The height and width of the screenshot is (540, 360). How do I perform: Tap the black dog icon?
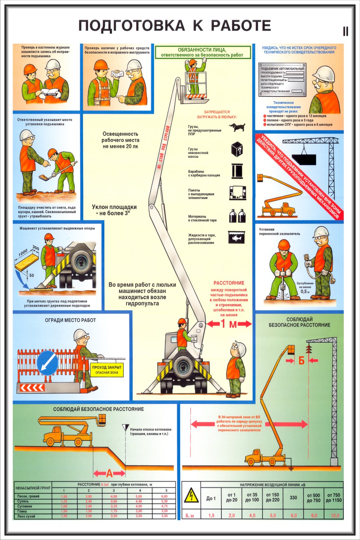[237, 127]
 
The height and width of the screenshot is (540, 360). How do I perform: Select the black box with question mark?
[237, 149]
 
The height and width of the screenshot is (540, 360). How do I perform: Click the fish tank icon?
[237, 237]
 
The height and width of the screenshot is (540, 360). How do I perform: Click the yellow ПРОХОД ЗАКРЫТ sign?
[107, 370]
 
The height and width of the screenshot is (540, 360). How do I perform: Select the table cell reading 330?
[293, 498]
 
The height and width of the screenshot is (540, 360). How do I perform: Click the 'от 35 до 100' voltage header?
[252, 498]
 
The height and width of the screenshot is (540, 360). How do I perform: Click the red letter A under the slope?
[109, 473]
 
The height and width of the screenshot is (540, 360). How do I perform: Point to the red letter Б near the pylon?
[302, 360]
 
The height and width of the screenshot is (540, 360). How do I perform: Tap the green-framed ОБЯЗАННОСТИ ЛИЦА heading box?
[202, 53]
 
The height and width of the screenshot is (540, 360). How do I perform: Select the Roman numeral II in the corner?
[346, 32]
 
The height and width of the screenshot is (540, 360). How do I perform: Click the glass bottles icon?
[237, 216]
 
